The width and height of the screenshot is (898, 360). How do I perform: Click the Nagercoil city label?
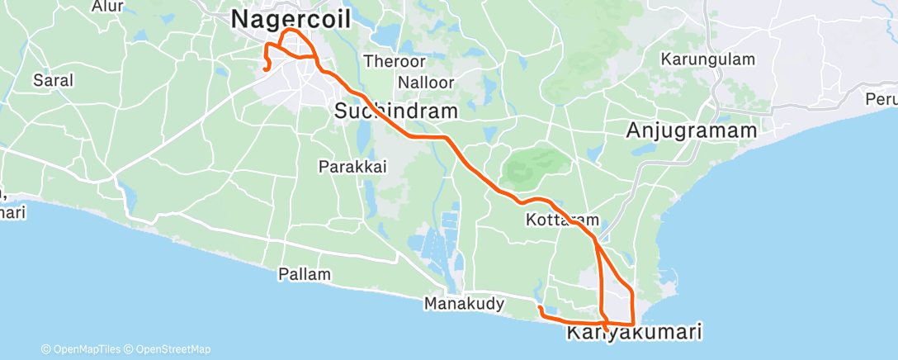point(291,19)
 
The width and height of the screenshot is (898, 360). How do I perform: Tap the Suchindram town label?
point(395,111)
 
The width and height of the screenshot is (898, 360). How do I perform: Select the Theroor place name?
point(395,61)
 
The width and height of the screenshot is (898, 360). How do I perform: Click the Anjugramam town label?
point(692,130)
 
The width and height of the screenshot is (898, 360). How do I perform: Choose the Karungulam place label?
point(708,59)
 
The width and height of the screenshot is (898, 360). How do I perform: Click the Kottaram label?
point(561,220)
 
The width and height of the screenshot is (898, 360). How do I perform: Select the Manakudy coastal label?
point(464,304)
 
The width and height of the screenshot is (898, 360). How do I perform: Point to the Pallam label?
point(305,274)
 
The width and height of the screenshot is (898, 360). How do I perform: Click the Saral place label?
point(53,81)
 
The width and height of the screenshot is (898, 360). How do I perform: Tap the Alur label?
point(107,7)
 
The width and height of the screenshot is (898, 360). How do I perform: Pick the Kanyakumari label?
point(634,334)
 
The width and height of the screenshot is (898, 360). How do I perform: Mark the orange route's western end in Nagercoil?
point(264,69)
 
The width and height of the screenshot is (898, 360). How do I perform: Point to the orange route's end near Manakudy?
point(539,308)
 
